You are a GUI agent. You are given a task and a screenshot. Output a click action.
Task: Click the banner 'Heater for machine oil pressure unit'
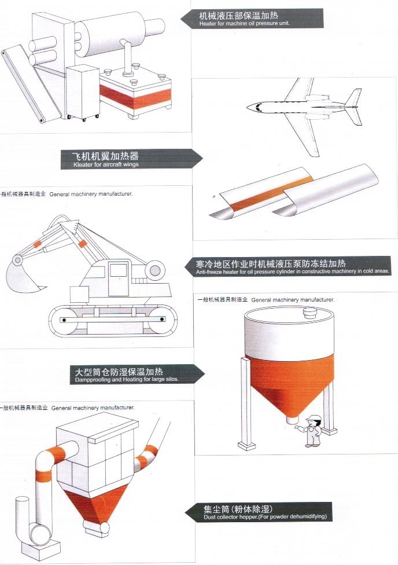[252, 19]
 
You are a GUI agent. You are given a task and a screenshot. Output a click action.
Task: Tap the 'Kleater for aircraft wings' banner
[131, 159]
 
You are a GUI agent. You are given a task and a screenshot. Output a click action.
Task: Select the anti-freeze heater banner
[288, 266]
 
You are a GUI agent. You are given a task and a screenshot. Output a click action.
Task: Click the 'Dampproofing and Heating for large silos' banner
[137, 375]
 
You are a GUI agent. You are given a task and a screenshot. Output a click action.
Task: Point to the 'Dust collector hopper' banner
[258, 512]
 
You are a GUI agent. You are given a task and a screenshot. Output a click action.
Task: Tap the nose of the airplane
[250, 107]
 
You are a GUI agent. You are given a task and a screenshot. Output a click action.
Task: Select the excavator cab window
[119, 270]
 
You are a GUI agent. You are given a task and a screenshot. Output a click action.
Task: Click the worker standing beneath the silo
[312, 431]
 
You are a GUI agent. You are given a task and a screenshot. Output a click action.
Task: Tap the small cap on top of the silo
[308, 313]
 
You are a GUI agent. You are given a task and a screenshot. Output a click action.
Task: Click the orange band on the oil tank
[135, 97]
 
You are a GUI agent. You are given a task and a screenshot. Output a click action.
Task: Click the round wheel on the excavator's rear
[155, 270]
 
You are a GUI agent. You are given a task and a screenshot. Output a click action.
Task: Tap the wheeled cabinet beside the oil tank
[83, 92]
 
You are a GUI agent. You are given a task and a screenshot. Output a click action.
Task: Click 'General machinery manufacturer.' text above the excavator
[91, 195]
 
